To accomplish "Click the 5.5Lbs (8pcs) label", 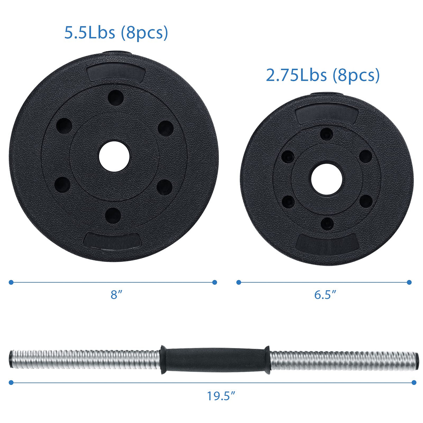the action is [x=116, y=33].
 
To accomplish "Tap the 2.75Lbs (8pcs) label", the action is [x=323, y=75].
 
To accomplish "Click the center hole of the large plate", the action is [x=114, y=157].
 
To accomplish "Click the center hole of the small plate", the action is [x=327, y=178].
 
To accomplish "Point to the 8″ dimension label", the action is [x=116, y=295].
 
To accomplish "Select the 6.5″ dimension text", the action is [x=325, y=295].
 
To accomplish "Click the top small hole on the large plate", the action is [x=116, y=98].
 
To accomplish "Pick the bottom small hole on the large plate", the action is [x=113, y=215].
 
